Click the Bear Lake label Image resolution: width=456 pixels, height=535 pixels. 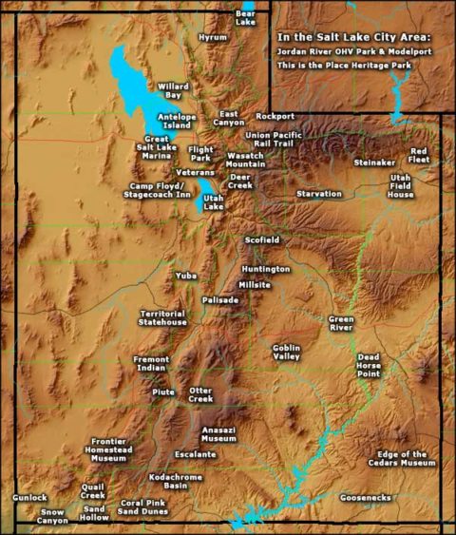point(245,18)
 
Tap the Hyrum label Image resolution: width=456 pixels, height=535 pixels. point(213,37)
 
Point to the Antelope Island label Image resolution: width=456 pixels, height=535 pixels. point(178,121)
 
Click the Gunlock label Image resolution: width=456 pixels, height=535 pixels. point(29,497)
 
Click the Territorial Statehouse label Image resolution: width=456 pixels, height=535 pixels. point(163,317)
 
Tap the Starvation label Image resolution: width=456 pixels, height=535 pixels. point(318,193)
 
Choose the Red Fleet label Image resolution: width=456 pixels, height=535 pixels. point(419,155)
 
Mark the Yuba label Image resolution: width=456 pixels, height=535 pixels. point(185,275)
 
